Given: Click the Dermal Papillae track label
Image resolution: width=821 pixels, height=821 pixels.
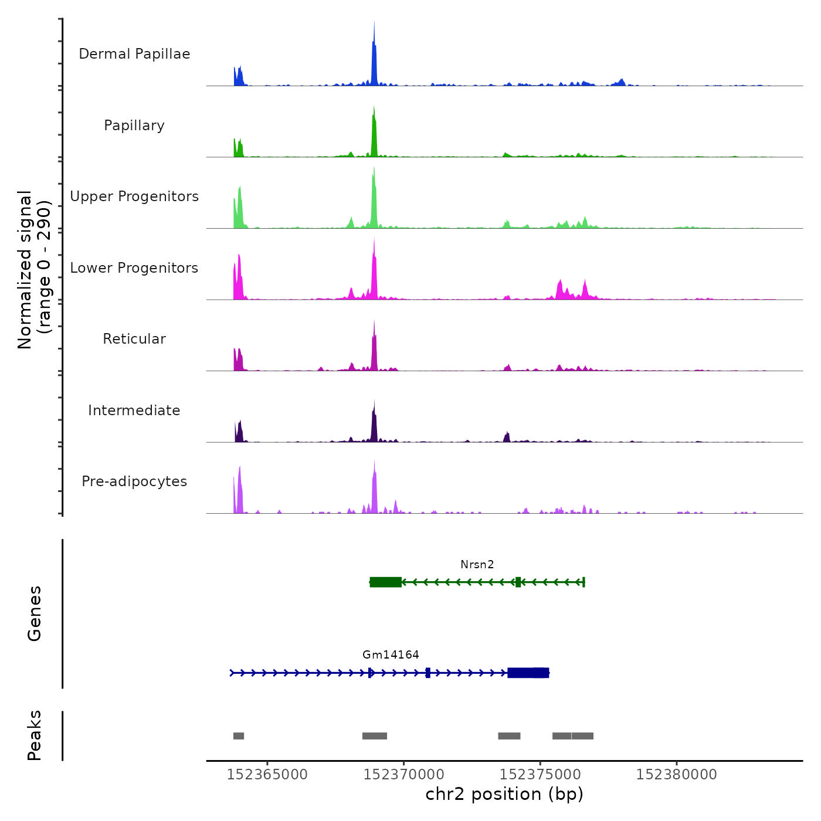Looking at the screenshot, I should click(134, 54).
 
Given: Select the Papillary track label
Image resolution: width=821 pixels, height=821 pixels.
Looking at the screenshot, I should click(134, 125).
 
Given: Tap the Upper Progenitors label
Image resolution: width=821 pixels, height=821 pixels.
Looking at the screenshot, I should click(134, 196).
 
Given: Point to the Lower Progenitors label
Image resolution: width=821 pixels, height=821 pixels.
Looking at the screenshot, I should click(134, 268).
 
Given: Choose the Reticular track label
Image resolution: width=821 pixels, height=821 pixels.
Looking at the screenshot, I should click(134, 339).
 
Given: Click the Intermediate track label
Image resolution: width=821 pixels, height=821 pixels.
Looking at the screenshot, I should click(134, 410).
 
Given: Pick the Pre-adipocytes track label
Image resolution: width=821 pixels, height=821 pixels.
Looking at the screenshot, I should click(134, 481).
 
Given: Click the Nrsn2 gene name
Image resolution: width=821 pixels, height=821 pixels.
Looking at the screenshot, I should click(477, 565).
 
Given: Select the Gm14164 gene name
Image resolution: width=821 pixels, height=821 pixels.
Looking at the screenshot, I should click(391, 655).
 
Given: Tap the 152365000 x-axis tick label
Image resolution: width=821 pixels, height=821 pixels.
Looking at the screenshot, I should click(267, 775).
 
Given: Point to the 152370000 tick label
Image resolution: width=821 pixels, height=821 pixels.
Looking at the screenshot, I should click(403, 775).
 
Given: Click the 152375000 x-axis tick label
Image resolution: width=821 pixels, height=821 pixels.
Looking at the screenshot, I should click(540, 775).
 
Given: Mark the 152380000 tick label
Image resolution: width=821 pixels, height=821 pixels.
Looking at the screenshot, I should click(676, 775).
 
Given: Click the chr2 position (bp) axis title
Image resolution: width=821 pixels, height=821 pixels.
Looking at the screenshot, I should click(504, 794).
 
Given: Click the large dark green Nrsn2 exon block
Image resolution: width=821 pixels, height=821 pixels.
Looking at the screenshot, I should click(386, 582).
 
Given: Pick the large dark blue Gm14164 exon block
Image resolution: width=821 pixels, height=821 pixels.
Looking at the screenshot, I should click(528, 673).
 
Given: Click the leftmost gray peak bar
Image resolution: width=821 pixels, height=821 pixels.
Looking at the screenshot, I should click(239, 736).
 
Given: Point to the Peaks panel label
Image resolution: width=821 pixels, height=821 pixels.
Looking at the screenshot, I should click(35, 735).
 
